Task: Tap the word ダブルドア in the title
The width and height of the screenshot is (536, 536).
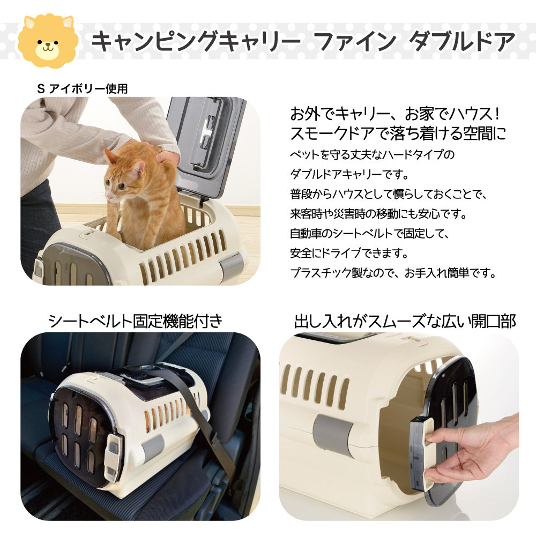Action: [461, 41]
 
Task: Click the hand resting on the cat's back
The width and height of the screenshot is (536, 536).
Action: [167, 157]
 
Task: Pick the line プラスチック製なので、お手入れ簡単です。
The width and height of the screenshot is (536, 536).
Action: [393, 272]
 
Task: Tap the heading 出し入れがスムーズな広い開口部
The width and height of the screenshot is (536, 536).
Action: [405, 321]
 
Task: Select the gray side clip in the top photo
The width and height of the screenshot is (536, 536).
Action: [230, 265]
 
